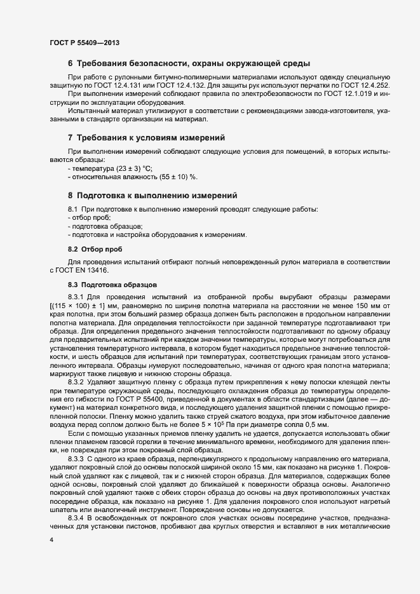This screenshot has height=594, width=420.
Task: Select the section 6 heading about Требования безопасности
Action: point(189,64)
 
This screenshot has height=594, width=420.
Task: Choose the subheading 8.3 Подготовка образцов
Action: point(111,285)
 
